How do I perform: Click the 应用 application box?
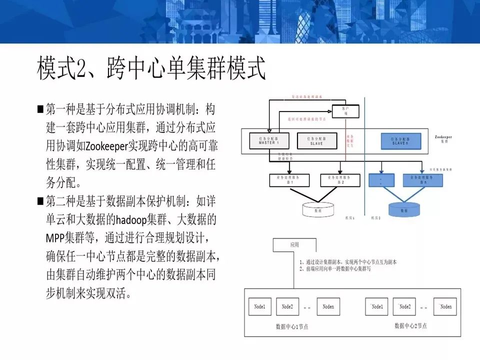(x=294, y=245)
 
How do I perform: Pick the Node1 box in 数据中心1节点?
(x=260, y=306)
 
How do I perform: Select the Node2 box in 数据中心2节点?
(x=404, y=306)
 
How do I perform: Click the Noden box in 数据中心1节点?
(x=328, y=306)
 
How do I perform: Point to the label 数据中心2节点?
(x=410, y=326)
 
